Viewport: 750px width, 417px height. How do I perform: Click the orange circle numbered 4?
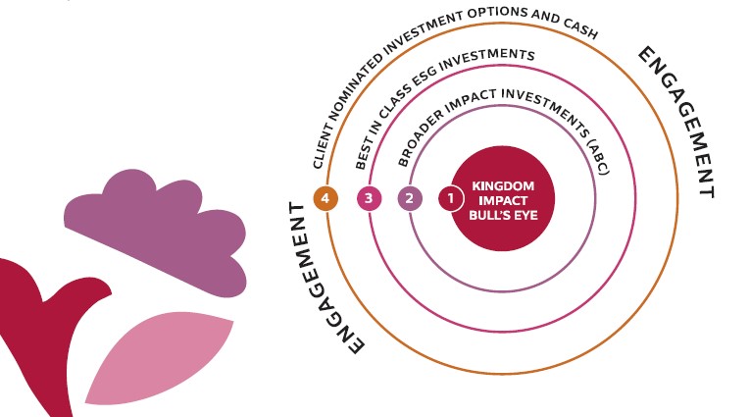[326, 198]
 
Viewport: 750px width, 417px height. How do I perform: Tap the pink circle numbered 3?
[369, 198]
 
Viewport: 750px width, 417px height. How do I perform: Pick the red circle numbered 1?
[450, 198]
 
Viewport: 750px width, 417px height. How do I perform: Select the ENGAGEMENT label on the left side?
[323, 279]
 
